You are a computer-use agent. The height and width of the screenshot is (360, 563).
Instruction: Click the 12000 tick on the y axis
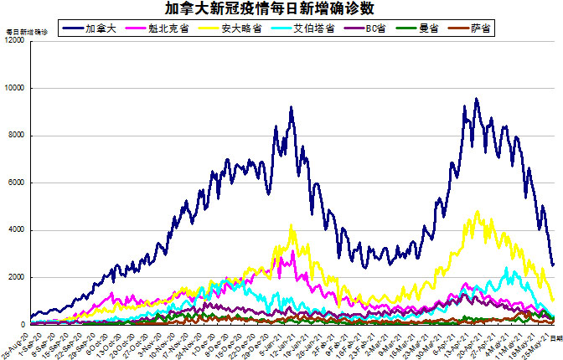[x=14, y=41]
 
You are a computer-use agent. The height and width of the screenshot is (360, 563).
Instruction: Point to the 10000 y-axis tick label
[x=14, y=88]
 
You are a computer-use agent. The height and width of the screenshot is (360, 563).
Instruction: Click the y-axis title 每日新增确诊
[x=27, y=32]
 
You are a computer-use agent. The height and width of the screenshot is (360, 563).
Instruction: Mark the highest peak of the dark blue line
[x=476, y=99]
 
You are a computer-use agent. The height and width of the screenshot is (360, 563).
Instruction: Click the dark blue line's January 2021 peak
[x=291, y=107]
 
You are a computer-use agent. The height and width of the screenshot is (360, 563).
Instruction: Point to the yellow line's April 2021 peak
[x=477, y=211]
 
